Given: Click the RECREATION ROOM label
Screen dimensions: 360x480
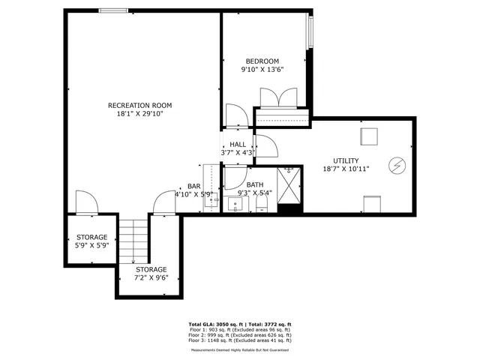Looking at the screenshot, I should (140, 105).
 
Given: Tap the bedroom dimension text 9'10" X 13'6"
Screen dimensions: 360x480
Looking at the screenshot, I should (262, 70).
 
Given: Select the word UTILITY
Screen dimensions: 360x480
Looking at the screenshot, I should (346, 160).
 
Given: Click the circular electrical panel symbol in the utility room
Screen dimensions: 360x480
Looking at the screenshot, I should (395, 163).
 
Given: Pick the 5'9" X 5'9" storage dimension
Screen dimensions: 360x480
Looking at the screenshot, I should (91, 245).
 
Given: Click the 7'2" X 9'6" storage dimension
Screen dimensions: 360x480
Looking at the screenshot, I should (151, 277).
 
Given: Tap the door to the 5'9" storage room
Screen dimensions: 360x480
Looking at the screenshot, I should (85, 202).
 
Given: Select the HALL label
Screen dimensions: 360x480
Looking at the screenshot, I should (238, 145).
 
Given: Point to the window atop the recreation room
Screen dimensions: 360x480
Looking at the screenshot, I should (113, 10).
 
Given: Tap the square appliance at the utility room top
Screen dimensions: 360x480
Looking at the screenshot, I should (368, 136).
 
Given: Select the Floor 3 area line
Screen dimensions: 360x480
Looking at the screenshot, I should (240, 340).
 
